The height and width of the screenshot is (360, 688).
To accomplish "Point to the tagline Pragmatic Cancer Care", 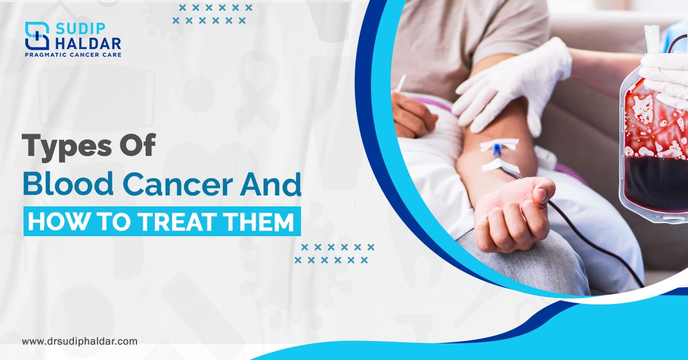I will tap(72, 54).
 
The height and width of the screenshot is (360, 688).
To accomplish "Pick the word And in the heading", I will tap(273, 186).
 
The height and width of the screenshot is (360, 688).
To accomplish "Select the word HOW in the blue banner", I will tap(54, 221).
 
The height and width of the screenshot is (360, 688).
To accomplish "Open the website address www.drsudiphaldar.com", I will tap(80, 341).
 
